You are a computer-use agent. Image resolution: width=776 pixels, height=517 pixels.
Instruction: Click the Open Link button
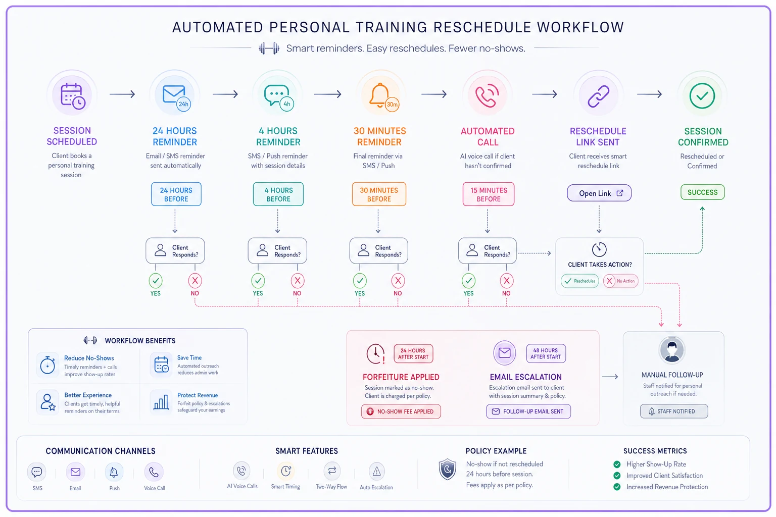pos(599,193)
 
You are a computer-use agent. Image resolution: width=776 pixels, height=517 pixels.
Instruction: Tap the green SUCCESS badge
pos(702,192)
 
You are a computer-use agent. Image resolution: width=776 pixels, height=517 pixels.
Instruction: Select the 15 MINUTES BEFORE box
pos(488,194)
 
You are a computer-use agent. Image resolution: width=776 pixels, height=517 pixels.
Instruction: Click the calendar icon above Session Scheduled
pos(73,96)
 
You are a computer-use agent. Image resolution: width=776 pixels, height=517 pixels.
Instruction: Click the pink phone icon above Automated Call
pos(487,95)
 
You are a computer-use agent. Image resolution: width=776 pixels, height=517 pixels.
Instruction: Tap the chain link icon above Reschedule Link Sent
pos(598,96)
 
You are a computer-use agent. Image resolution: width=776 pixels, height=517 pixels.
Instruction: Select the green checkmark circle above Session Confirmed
pos(702,96)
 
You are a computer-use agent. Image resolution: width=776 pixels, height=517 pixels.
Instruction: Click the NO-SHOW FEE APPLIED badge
pos(401,411)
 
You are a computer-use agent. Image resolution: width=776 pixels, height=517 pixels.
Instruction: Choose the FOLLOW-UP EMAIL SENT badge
pos(528,411)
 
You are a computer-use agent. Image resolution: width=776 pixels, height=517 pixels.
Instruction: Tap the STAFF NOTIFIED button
pos(674,411)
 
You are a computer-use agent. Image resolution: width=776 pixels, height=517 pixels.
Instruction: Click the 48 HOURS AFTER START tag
pos(546,353)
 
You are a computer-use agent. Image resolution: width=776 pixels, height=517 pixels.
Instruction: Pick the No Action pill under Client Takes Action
pos(620,281)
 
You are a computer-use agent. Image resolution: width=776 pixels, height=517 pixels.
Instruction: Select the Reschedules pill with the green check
pos(579,281)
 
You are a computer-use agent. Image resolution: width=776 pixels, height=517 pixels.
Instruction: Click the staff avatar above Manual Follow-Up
pos(672,350)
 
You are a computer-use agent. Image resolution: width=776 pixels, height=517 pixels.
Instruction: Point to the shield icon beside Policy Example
pos(447,470)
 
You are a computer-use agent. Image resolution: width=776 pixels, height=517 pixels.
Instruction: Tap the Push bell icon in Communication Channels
pos(114,472)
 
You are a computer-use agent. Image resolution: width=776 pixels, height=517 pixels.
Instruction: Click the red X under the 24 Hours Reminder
pos(195,281)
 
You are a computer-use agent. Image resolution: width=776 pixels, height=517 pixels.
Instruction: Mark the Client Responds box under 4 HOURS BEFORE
pos(277,251)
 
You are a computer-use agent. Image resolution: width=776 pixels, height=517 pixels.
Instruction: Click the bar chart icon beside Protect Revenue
pos(161,402)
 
